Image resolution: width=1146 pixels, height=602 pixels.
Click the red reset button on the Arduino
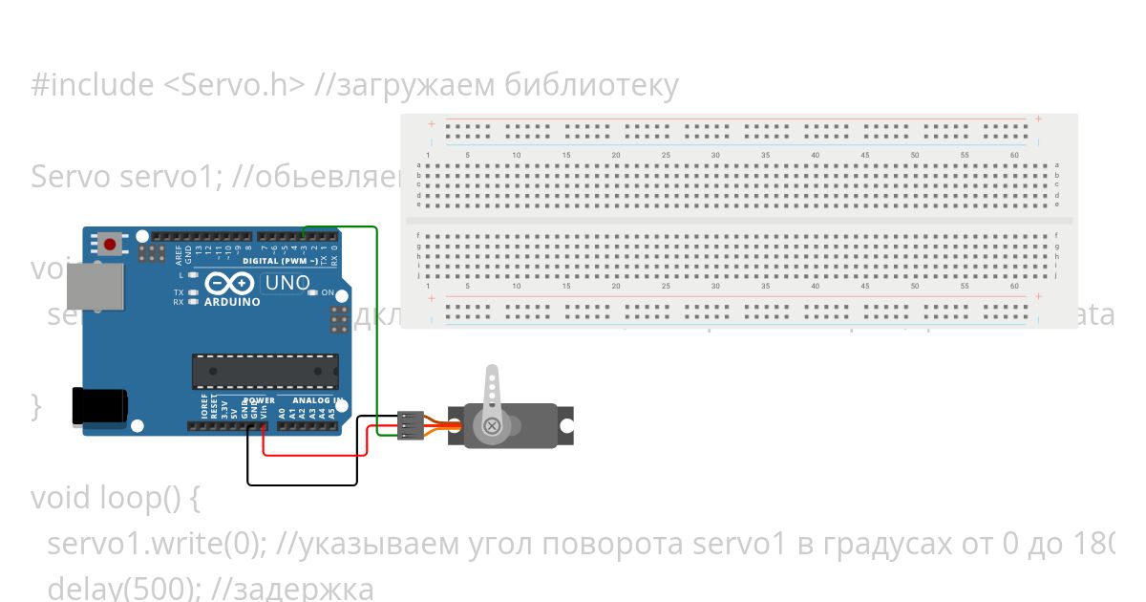(x=111, y=245)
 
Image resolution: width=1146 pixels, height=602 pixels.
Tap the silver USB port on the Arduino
(x=95, y=286)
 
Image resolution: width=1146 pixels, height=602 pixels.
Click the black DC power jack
(x=99, y=404)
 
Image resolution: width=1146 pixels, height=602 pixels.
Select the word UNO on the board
(x=286, y=283)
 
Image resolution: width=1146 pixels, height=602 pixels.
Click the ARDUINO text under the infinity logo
(x=233, y=302)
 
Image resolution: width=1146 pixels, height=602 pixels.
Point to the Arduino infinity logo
(x=230, y=284)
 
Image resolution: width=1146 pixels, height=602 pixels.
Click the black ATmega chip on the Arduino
(x=265, y=371)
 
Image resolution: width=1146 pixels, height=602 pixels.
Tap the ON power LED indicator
(x=312, y=292)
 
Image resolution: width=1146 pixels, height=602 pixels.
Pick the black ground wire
(x=302, y=484)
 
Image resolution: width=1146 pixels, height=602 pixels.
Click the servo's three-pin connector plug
(x=411, y=425)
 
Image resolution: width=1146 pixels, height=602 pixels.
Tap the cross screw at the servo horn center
(x=492, y=425)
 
